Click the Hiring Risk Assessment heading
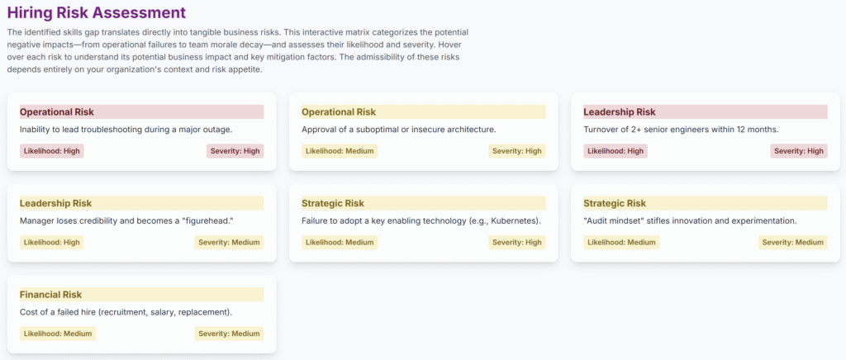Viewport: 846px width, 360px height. coord(97,12)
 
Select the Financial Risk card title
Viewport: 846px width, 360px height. coord(50,295)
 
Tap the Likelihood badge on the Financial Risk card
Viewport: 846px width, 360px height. coord(58,334)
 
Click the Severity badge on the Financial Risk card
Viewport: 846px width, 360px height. coord(230,334)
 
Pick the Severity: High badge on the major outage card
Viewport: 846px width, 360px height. coord(235,151)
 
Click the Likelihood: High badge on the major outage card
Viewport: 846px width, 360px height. coord(52,151)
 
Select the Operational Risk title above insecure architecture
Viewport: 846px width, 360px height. coord(339,112)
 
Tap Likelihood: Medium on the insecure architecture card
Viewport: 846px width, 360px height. coord(340,151)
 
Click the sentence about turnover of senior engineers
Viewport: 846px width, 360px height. coord(682,130)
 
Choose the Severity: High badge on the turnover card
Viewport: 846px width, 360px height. coord(799,151)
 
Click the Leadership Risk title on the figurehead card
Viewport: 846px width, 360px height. coord(55,203)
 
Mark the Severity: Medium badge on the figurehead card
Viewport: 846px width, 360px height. coord(230,243)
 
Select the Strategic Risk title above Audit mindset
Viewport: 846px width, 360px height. coord(615,203)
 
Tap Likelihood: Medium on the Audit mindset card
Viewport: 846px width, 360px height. coord(621,243)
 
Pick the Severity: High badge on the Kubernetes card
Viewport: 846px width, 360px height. coord(517,243)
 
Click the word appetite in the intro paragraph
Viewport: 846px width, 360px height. coord(245,69)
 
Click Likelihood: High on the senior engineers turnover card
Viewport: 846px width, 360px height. coord(615,151)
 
